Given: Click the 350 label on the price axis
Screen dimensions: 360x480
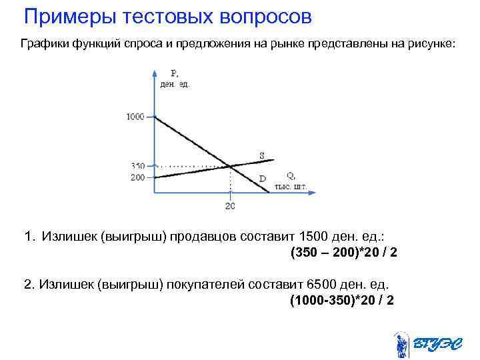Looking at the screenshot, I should (137, 165).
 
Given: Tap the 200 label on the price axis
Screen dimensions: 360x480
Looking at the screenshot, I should (137, 177).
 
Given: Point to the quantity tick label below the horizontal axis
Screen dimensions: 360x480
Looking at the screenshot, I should (229, 205).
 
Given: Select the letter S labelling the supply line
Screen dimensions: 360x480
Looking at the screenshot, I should (262, 156).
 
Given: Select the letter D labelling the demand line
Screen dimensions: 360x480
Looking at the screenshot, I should (262, 179).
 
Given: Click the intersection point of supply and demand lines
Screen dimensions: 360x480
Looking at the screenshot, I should (230, 166).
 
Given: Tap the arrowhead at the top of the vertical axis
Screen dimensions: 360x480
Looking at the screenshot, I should (155, 71).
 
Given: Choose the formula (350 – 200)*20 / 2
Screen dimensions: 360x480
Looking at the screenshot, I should (343, 253).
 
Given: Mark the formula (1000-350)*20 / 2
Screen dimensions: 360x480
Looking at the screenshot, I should (341, 300).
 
